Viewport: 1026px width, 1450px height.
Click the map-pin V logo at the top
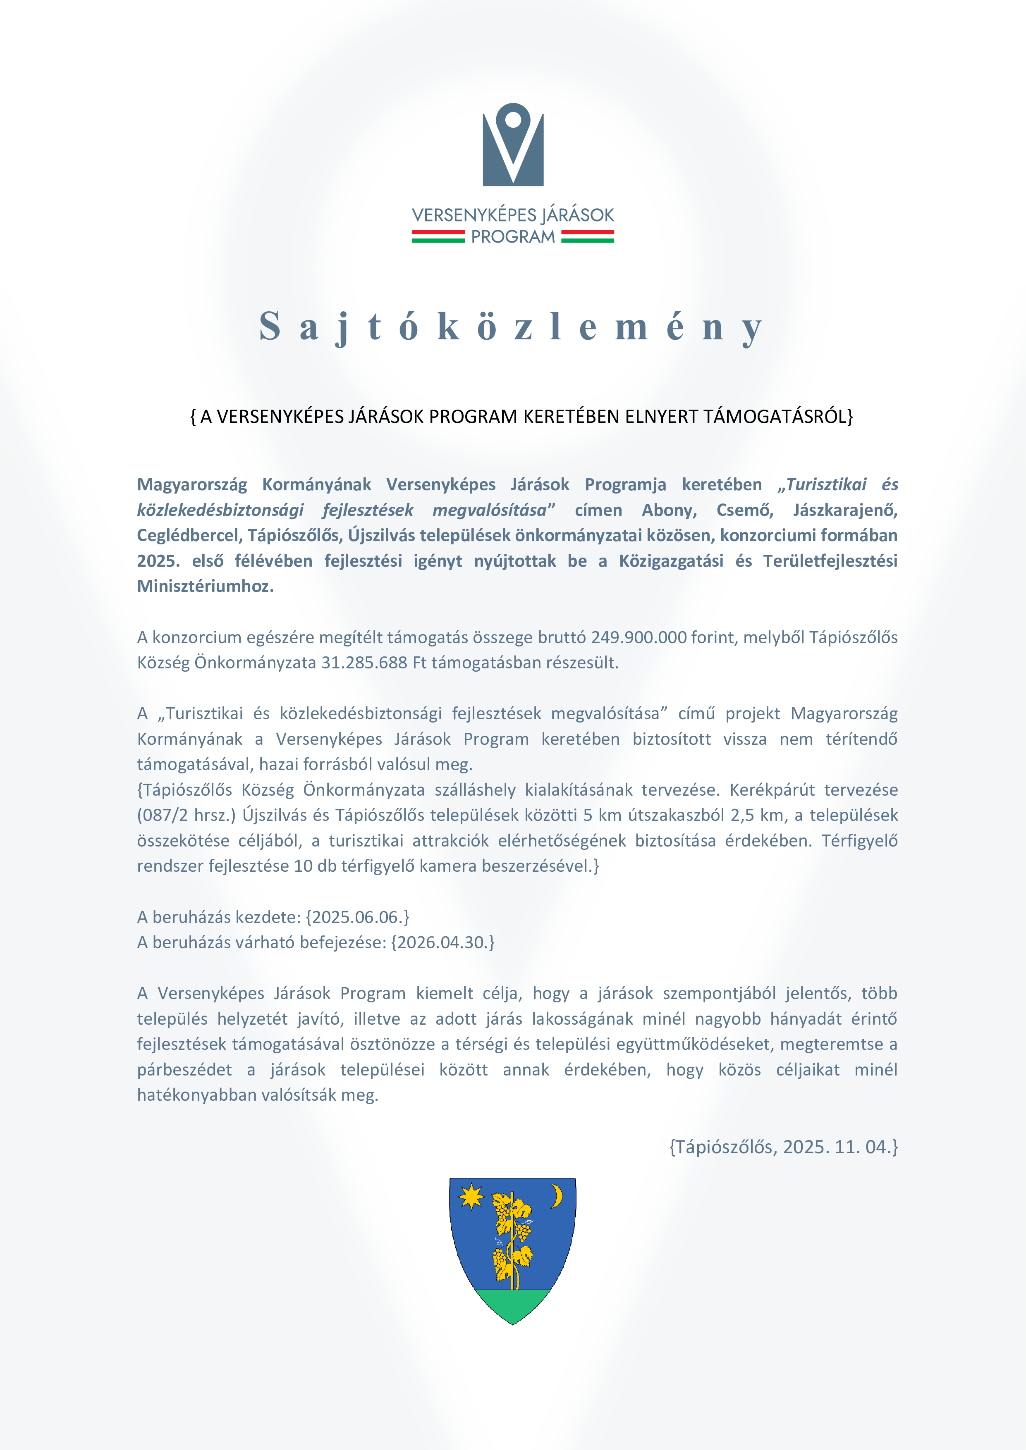[x=513, y=145]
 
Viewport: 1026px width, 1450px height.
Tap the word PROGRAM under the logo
[x=513, y=237]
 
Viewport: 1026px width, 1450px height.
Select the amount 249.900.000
[x=639, y=637]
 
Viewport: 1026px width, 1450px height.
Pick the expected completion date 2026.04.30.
[x=442, y=942]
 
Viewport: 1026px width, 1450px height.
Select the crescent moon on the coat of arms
[x=557, y=1195]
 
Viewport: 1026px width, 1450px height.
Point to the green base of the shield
[x=513, y=1304]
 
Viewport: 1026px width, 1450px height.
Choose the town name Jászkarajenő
[x=845, y=510]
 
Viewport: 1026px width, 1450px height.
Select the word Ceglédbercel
[x=189, y=536]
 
